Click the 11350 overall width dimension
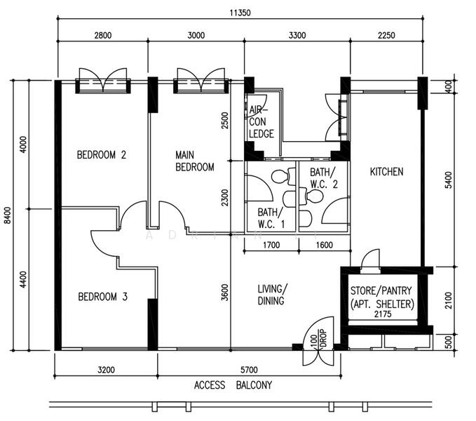pos(240,13)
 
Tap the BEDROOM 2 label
pos(102,155)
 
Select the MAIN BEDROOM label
pos(195,161)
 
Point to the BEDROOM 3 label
pos(102,297)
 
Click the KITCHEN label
pos(386,172)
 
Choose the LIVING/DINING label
pos(272,294)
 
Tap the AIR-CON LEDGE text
pos(261,122)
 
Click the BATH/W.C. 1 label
pos(271,218)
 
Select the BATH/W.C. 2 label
pos(324,178)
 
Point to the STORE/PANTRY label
pos(381,290)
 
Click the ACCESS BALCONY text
pos(233,385)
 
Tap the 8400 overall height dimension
pos(7,215)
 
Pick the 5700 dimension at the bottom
pos(249,370)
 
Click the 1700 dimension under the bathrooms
pos(271,245)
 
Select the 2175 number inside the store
pos(383,314)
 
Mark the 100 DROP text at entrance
pos(318,338)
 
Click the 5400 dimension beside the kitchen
pos(449,180)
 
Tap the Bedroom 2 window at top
pos(103,86)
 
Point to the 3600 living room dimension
pos(224,292)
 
